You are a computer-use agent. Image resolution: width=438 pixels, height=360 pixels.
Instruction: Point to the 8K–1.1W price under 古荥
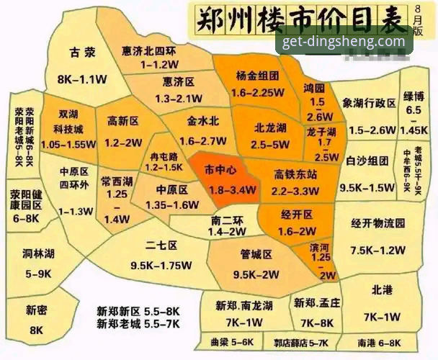pyautogui.click(x=81, y=78)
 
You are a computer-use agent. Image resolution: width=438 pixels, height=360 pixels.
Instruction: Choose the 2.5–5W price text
pyautogui.click(x=270, y=145)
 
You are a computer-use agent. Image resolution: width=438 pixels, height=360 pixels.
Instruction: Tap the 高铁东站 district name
pyautogui.click(x=295, y=174)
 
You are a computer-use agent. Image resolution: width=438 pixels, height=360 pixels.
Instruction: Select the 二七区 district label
pyautogui.click(x=161, y=246)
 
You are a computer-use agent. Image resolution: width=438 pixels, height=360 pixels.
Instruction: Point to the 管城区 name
pyautogui.click(x=256, y=254)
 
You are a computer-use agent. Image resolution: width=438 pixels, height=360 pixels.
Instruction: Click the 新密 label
pyautogui.click(x=37, y=310)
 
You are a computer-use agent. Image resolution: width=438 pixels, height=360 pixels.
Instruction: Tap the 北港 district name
pyautogui.click(x=382, y=290)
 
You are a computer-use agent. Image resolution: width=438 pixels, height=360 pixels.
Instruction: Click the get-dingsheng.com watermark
pyautogui.click(x=344, y=41)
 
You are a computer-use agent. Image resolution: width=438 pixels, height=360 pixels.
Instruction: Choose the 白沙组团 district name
pyautogui.click(x=367, y=161)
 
